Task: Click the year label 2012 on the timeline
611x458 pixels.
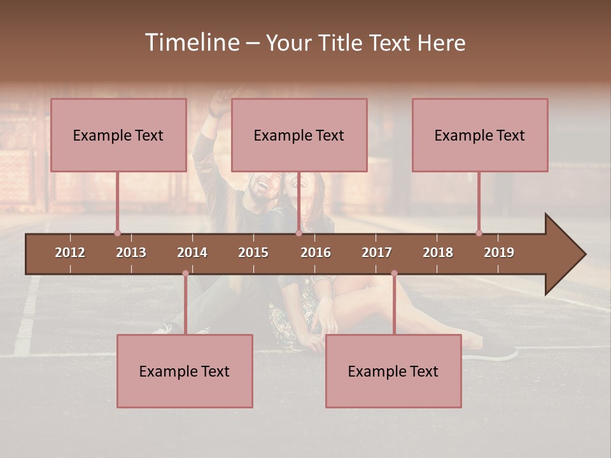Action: click(70, 253)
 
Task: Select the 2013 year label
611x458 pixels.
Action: click(131, 253)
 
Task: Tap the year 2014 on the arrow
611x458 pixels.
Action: click(192, 253)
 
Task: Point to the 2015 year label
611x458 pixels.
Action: click(253, 253)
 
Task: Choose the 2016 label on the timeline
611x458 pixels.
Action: click(316, 253)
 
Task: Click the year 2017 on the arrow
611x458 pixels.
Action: click(377, 253)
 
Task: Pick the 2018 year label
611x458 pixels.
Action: click(438, 253)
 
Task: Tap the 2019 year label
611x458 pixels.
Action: click(499, 253)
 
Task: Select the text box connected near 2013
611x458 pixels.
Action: click(118, 135)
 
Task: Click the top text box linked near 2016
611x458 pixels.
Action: click(299, 135)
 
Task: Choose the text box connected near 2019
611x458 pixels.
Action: click(480, 135)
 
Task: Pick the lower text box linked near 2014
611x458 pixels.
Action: click(185, 371)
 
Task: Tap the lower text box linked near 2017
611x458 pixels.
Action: click(393, 371)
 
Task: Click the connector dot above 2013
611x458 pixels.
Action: click(117, 233)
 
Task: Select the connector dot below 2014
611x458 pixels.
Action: click(185, 274)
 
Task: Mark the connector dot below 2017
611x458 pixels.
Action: click(394, 274)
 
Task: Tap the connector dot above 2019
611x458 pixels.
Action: click(479, 233)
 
